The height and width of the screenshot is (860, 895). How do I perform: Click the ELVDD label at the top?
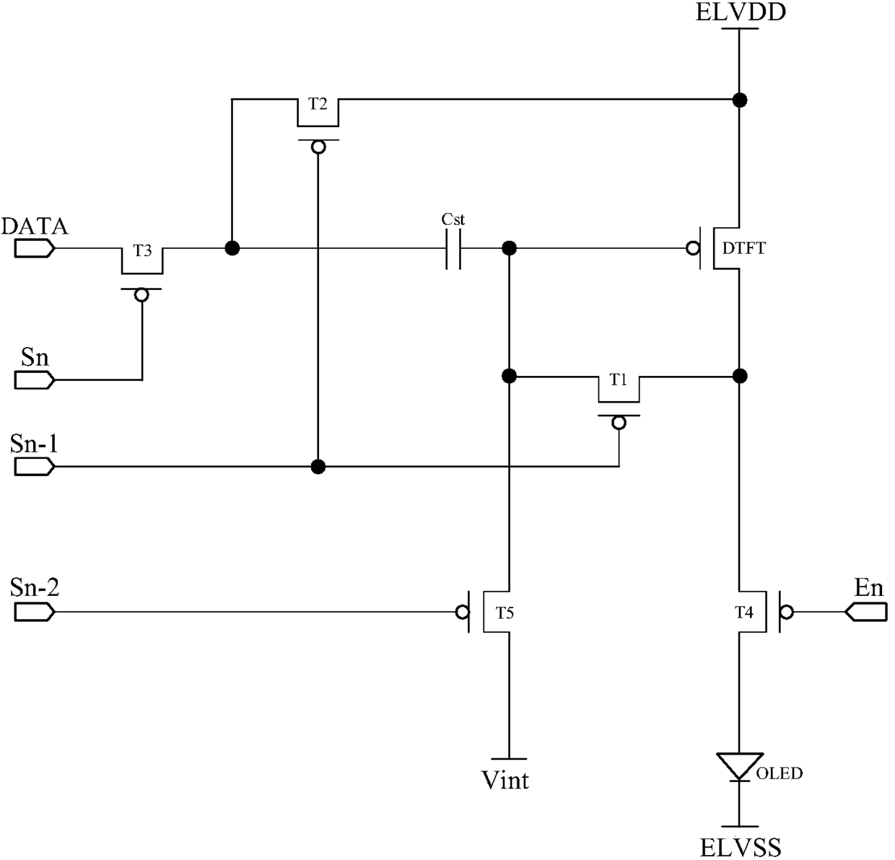coord(741,13)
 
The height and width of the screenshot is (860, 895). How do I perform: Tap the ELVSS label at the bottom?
coord(741,847)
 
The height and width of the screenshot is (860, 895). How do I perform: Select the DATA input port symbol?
coord(35,249)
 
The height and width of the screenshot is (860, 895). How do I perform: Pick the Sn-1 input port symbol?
coord(35,467)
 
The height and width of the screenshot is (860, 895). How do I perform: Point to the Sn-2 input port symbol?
coord(35,613)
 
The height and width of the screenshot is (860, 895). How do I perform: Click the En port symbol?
coord(866,613)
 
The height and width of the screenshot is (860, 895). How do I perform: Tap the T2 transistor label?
coord(318,105)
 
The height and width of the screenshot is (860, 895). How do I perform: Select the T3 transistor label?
coord(142,250)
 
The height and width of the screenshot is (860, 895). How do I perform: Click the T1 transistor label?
coord(618,379)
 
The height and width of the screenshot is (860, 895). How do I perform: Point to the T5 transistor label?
coord(505,613)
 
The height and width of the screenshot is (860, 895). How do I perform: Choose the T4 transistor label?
coord(743,613)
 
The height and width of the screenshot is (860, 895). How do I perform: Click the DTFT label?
coord(743,249)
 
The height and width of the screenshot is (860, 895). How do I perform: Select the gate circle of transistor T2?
coord(318,148)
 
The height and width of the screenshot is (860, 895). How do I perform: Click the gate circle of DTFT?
coord(693,249)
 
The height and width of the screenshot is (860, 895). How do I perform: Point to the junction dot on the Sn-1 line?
coord(318,467)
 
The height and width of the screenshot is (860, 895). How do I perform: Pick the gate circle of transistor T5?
coord(462,613)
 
